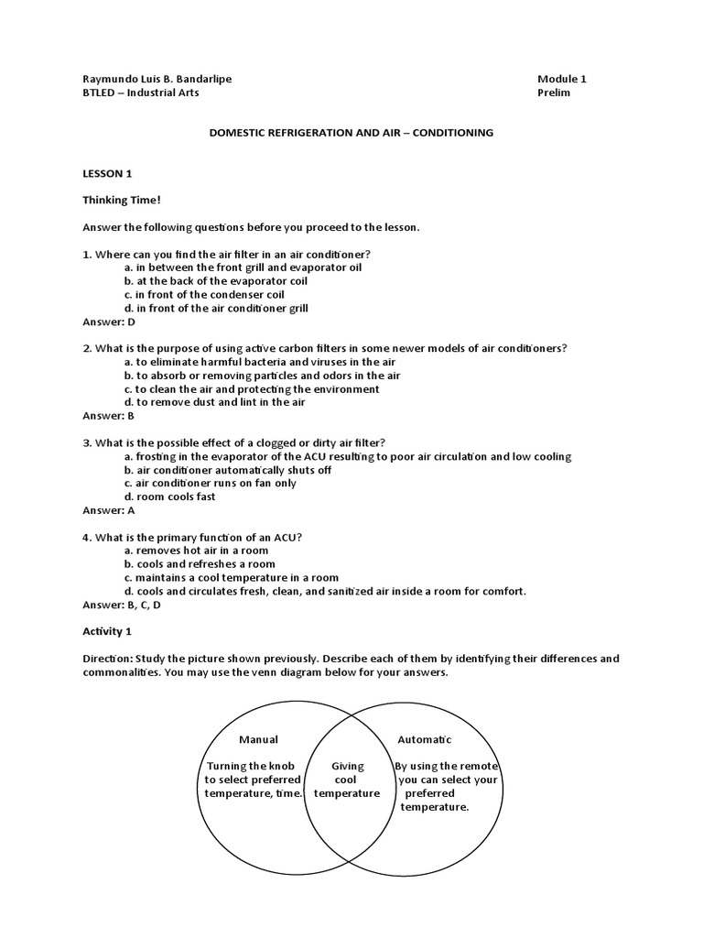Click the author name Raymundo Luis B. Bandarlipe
click(157, 79)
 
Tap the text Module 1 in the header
click(562, 79)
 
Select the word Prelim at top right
click(554, 93)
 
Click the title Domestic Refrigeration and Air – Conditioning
click(351, 133)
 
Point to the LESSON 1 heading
click(108, 173)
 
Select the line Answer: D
click(109, 322)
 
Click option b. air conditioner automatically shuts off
click(227, 470)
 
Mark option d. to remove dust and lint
click(214, 402)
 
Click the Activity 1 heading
click(107, 631)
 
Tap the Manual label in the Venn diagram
click(258, 739)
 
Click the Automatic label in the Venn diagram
click(424, 739)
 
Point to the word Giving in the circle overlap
click(347, 766)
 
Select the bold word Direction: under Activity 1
click(109, 659)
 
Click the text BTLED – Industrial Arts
click(140, 93)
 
